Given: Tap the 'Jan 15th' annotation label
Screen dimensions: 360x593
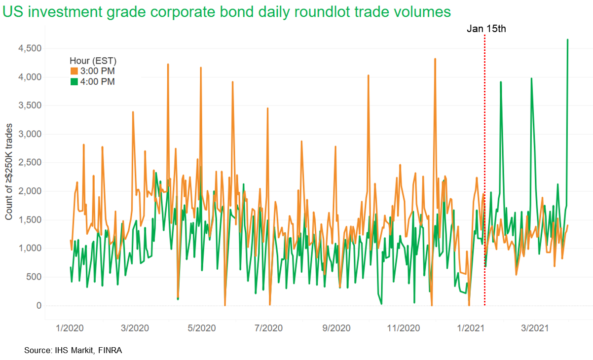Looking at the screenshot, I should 486,29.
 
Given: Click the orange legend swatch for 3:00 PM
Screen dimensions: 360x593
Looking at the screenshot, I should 74,72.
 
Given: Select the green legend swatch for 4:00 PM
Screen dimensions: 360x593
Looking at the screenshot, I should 74,82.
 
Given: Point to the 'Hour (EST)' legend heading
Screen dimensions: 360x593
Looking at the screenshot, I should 93,61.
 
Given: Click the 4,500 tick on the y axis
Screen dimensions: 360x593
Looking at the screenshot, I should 29,48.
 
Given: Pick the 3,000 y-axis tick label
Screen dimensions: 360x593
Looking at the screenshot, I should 29,134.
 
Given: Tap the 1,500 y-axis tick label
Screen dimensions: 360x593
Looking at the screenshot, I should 29,220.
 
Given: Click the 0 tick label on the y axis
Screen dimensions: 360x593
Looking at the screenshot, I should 38,306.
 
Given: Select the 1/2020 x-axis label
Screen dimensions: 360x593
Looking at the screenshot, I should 70,328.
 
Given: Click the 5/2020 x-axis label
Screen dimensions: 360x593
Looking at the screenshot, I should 202,328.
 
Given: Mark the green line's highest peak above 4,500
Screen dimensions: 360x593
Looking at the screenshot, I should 568,40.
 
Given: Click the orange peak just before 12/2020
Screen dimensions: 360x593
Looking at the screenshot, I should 435,59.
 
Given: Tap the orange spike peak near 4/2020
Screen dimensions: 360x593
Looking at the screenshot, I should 168,65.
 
